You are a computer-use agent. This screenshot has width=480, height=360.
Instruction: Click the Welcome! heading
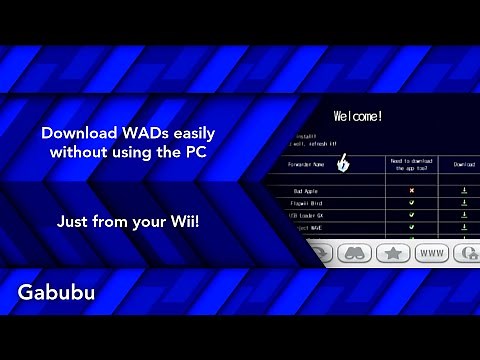(x=357, y=116)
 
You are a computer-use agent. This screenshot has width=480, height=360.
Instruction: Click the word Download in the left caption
(x=75, y=133)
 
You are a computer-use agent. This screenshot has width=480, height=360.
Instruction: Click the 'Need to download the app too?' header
(x=410, y=164)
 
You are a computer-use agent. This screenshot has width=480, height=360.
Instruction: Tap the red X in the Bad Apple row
(x=411, y=189)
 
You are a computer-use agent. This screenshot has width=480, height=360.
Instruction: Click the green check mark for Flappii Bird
(x=411, y=202)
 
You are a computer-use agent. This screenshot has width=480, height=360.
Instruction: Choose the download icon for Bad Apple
(x=464, y=189)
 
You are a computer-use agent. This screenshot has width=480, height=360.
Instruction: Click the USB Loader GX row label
(x=304, y=215)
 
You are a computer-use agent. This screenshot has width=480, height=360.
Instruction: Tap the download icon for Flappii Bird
(x=464, y=202)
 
